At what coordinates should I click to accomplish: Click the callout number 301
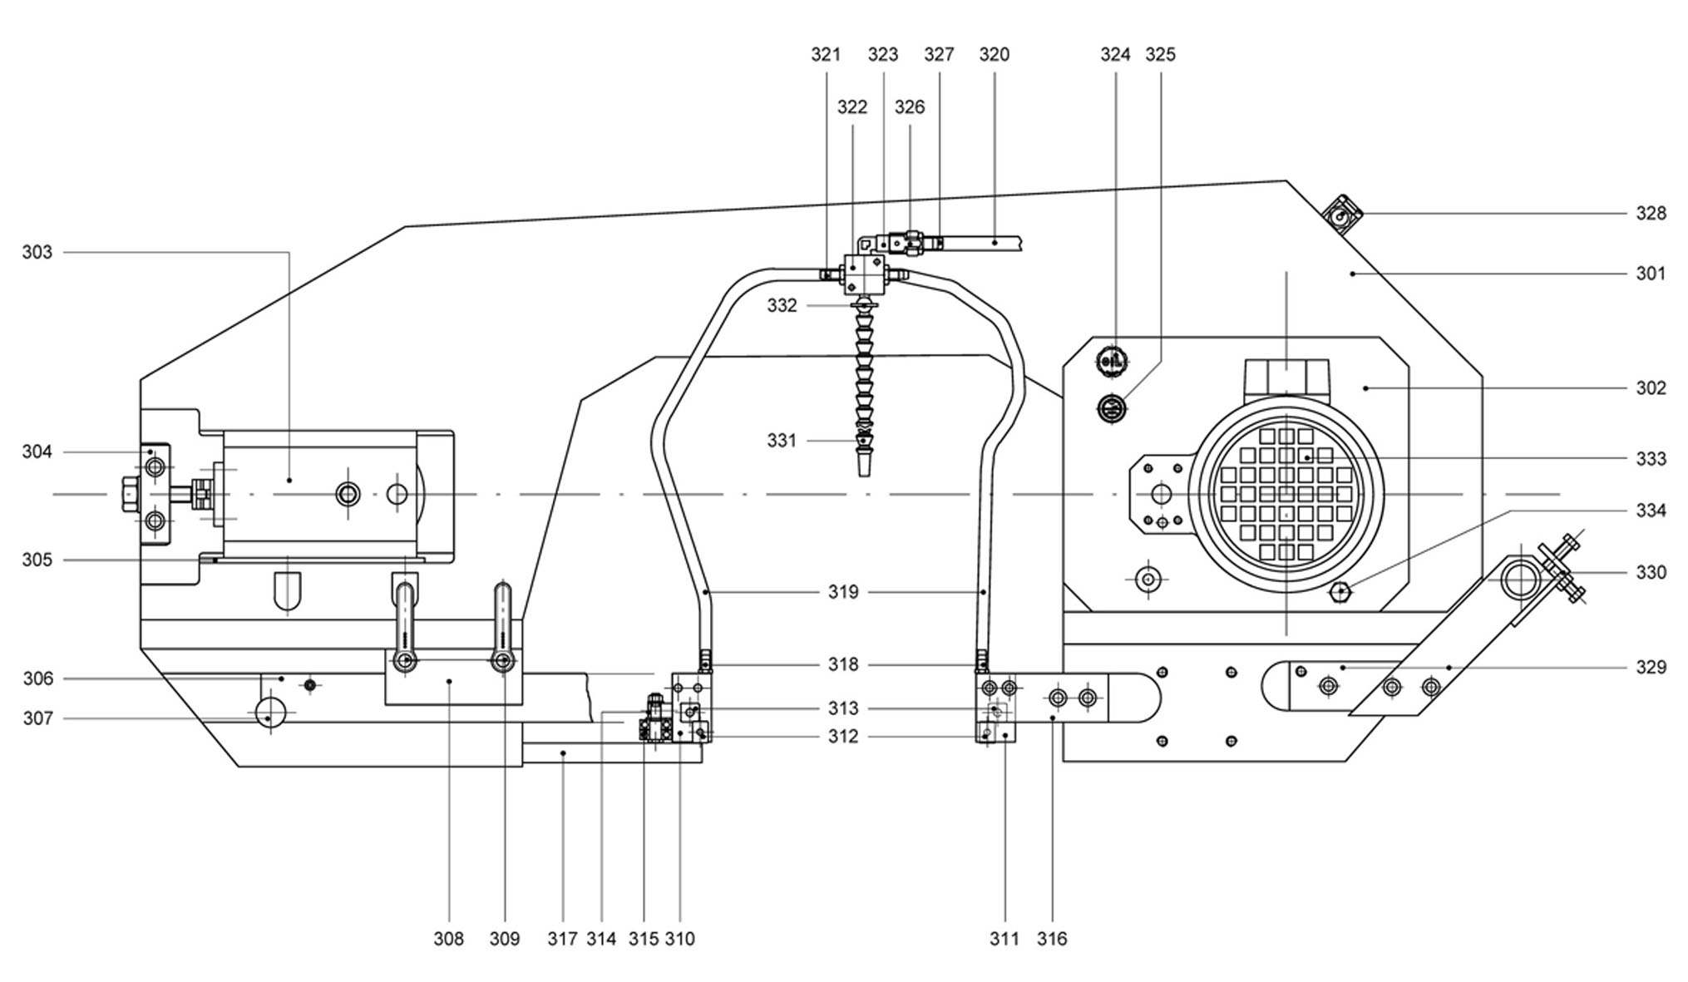1651,274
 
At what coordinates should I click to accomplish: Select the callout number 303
37,252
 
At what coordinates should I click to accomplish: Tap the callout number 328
1651,214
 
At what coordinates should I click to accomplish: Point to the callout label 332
782,305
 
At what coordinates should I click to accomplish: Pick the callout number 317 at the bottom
562,939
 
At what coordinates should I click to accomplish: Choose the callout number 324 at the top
1115,54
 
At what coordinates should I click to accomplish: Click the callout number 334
1651,511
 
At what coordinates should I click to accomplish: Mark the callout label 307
37,718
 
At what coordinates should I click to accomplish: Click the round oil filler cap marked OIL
1113,362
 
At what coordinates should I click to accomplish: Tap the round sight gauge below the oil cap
1113,408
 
